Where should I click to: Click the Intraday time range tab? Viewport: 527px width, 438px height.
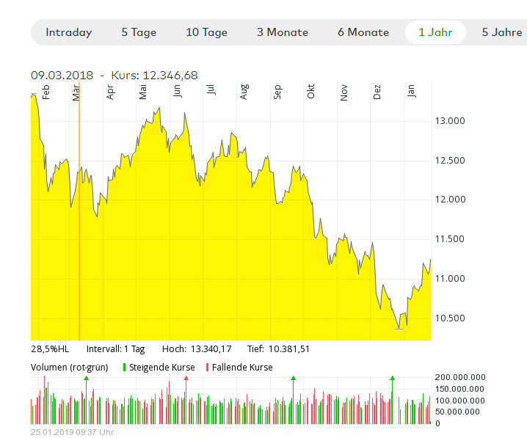(x=68, y=32)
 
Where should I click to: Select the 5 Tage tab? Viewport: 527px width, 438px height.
(x=139, y=32)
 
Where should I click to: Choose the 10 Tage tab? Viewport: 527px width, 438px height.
(x=206, y=32)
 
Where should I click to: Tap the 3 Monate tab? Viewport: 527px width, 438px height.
(x=283, y=32)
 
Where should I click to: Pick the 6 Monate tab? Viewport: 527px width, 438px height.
(x=363, y=32)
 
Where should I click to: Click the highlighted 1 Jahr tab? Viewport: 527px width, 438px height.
(x=436, y=32)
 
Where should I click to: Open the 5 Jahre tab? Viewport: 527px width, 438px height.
(x=502, y=32)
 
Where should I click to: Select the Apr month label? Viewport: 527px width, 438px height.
(x=111, y=92)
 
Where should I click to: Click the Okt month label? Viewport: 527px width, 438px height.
(x=311, y=92)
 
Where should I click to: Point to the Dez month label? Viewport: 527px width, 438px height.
(x=377, y=92)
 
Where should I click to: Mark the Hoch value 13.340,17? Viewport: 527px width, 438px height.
(x=211, y=348)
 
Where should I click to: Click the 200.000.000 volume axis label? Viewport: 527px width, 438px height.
(x=460, y=377)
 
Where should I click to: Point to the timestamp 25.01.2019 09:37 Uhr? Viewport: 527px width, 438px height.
(x=72, y=432)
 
